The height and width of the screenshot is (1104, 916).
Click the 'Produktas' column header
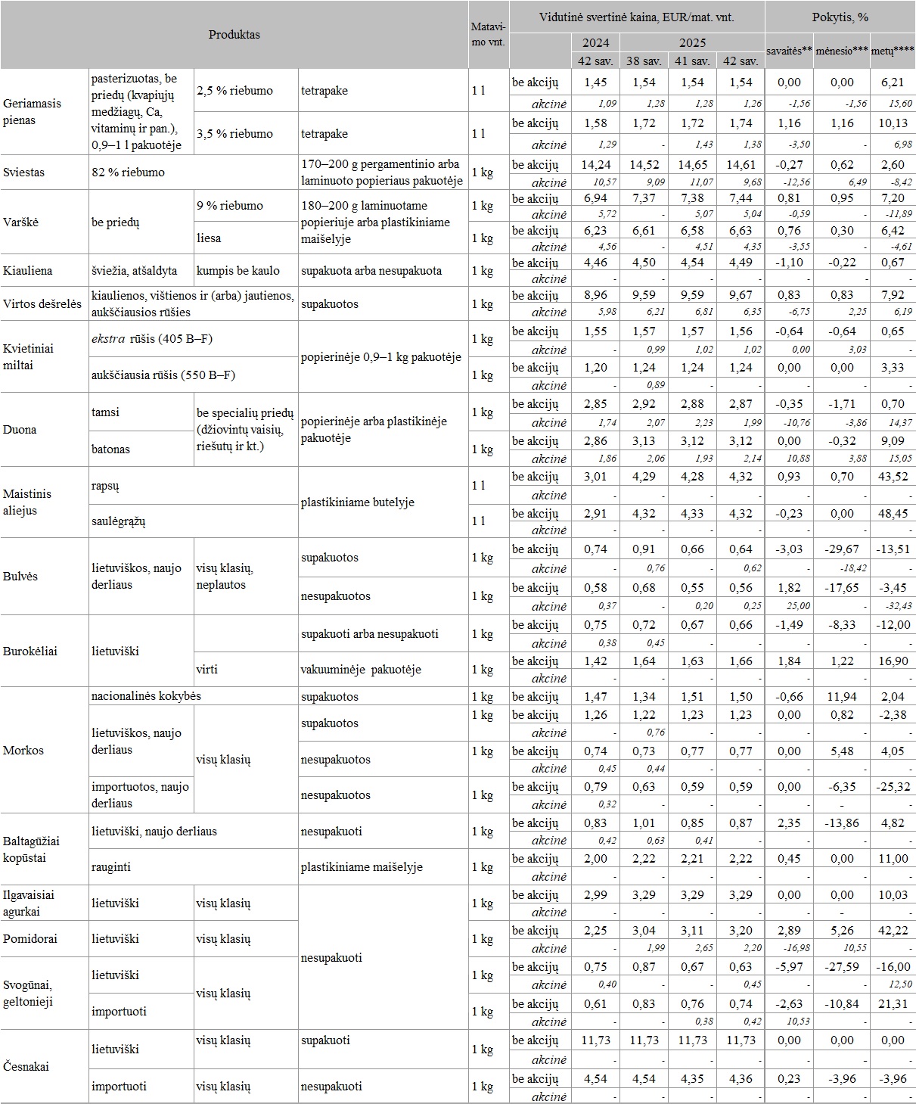click(234, 35)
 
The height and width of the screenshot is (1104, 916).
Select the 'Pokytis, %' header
click(840, 17)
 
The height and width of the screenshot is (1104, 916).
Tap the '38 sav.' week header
click(644, 61)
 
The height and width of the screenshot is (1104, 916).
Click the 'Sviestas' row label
click(23, 173)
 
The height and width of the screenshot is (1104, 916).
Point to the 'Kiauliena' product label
click(27, 271)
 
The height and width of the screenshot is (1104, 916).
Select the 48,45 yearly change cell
click(893, 514)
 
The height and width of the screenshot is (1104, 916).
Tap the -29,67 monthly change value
click(841, 549)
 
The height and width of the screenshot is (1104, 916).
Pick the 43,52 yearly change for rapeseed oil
click(893, 477)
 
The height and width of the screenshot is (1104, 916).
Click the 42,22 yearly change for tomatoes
click(893, 931)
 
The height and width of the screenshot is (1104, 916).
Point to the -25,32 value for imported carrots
click(893, 787)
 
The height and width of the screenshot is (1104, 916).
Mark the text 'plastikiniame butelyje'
click(357, 502)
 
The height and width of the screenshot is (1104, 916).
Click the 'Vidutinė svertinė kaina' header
click(636, 17)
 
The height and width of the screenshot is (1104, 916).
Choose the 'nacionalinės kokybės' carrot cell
click(146, 696)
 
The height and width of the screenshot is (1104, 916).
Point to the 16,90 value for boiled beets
click(893, 661)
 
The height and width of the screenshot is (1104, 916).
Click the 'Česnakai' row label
click(26, 1067)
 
